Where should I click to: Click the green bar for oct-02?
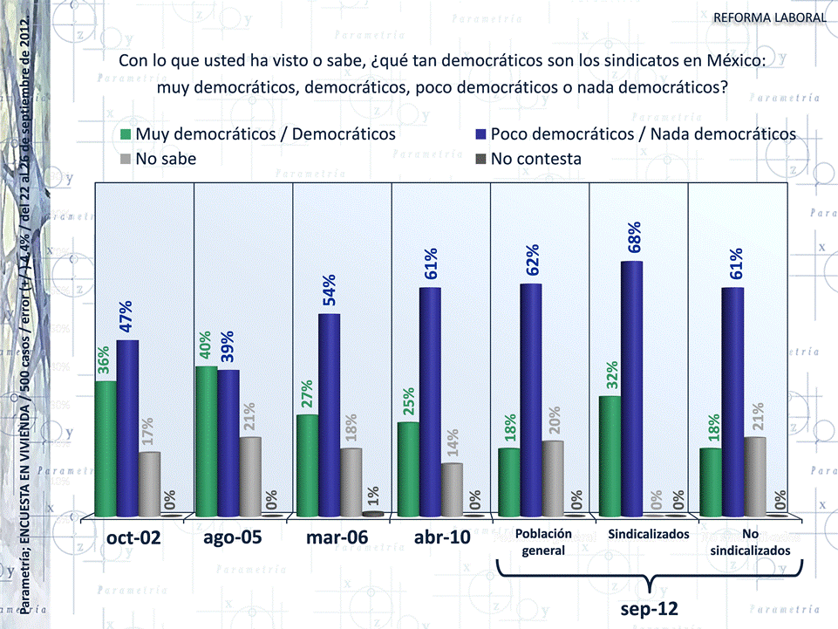106,448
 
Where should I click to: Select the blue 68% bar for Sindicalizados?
632,388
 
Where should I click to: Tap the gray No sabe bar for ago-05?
250,476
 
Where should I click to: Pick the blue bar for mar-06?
329,414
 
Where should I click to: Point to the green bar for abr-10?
408,468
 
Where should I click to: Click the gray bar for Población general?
553,478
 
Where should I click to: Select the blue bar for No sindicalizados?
733,401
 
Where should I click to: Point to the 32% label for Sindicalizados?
612,374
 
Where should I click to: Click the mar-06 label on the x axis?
337,537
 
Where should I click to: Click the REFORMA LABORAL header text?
769,17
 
